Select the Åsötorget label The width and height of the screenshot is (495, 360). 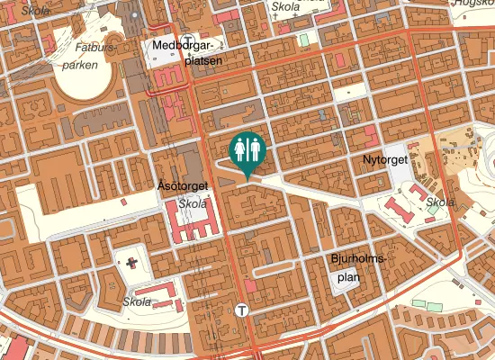pyautogui.click(x=183, y=186)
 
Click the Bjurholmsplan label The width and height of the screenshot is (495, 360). pyautogui.click(x=358, y=268)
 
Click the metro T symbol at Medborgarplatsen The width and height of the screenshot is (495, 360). pyautogui.click(x=166, y=25)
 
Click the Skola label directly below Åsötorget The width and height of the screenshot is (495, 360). pyautogui.click(x=193, y=204)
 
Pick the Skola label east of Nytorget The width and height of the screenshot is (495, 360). pyautogui.click(x=440, y=202)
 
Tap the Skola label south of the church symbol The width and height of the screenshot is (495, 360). pyautogui.click(x=138, y=302)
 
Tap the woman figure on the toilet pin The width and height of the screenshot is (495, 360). pyautogui.click(x=239, y=149)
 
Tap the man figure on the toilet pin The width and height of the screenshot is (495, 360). pyautogui.click(x=255, y=149)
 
